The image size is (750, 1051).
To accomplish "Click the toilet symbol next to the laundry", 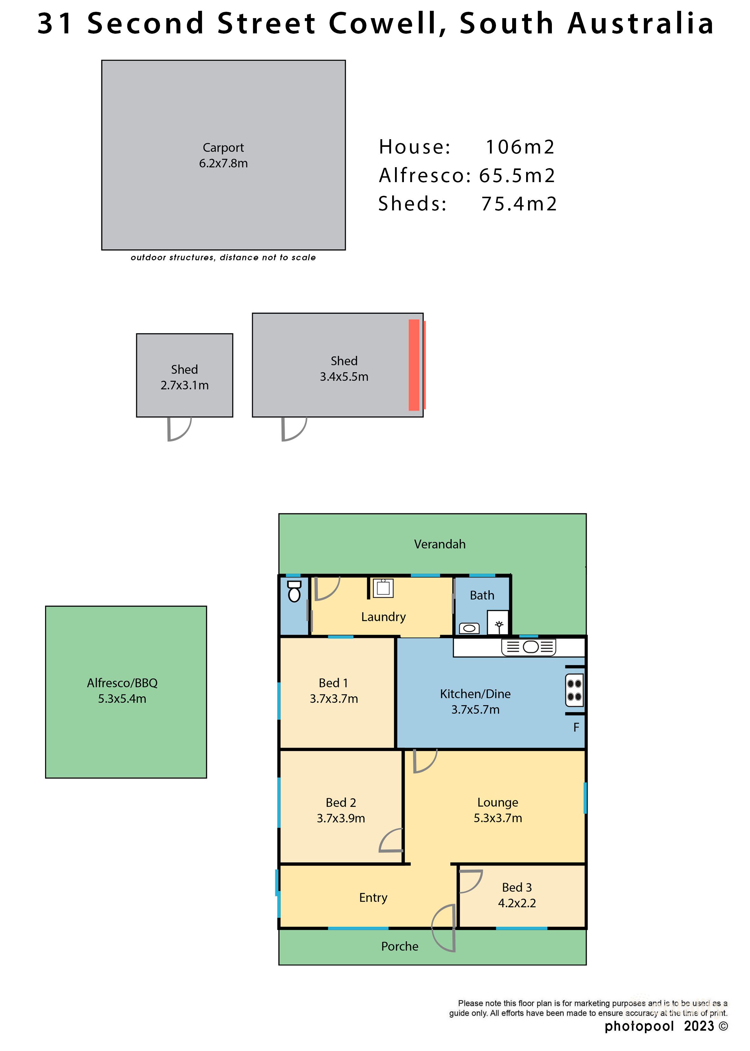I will (294, 591).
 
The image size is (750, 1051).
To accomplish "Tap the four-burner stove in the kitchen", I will (574, 690).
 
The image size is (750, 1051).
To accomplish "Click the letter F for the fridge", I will (576, 727).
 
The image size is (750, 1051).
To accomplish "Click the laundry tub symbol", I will (383, 588).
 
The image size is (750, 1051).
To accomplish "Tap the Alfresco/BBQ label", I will (122, 683).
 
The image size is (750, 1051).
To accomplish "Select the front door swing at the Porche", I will (444, 928).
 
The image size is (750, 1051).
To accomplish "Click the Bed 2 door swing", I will (391, 841).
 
